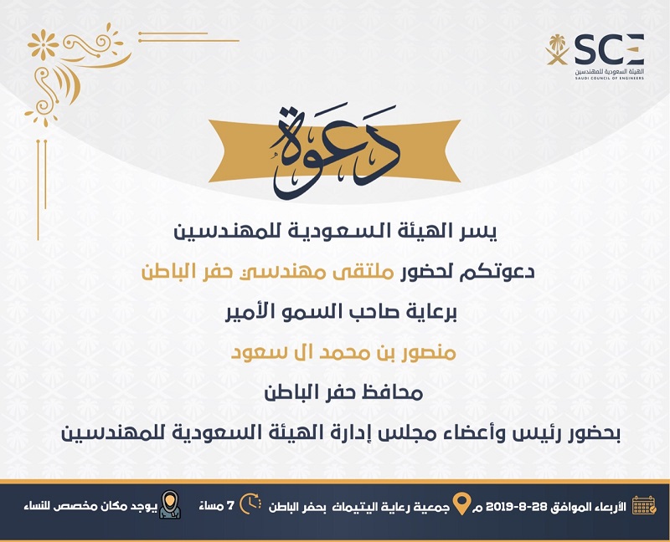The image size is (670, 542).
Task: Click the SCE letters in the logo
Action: (609, 49)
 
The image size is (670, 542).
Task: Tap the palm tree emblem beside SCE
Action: (557, 49)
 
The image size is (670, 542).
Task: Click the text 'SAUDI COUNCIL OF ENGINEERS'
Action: (609, 79)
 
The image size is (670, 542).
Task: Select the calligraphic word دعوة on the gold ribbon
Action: (333, 151)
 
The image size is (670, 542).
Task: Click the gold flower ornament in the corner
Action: (43, 44)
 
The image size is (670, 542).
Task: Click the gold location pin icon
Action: (461, 504)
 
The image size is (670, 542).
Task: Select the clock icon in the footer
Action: (250, 504)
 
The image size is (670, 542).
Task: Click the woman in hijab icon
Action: (170, 504)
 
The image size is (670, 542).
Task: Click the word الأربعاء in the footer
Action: (611, 507)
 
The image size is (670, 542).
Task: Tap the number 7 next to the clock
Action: (231, 506)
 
